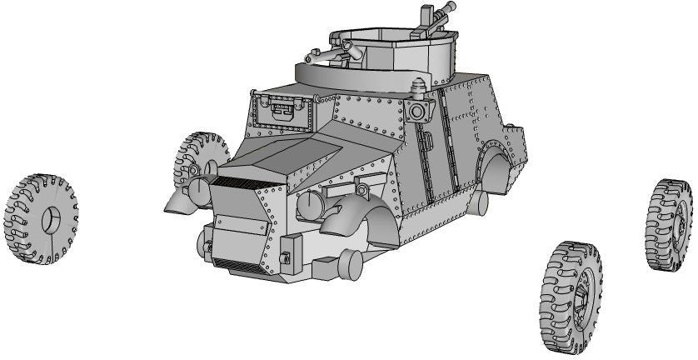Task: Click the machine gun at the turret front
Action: pyautogui.click(x=337, y=53)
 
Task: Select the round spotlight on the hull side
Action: pyautogui.click(x=419, y=112)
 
